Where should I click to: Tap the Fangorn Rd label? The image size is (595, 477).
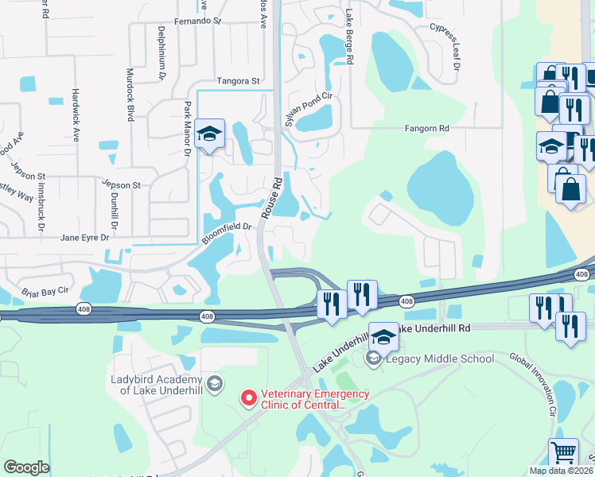[x=427, y=128]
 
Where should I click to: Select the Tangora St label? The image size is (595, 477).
[x=239, y=81]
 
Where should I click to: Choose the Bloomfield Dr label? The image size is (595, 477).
[x=227, y=232]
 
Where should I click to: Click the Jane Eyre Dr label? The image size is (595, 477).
[x=89, y=237]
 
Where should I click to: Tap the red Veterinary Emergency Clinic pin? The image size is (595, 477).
[x=248, y=396]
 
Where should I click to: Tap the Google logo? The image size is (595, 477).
[x=26, y=467]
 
